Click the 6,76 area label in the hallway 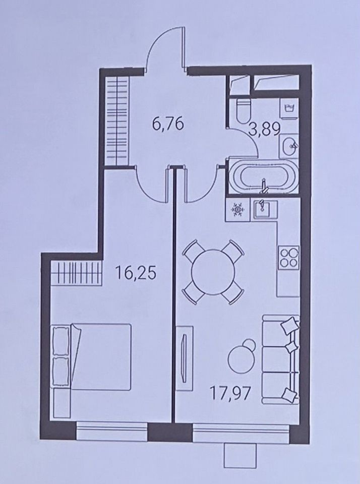[x=168, y=124]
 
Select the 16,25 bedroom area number [x=135, y=273]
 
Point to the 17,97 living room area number [x=230, y=394]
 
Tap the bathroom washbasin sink [x=289, y=146]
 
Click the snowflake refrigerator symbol [x=237, y=210]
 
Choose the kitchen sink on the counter [x=266, y=210]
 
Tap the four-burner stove [x=289, y=258]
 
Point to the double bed [x=92, y=357]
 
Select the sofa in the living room [x=281, y=359]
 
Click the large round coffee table [x=242, y=359]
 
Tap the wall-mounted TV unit [x=185, y=354]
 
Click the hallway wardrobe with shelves [x=117, y=121]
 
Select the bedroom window [x=112, y=430]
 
